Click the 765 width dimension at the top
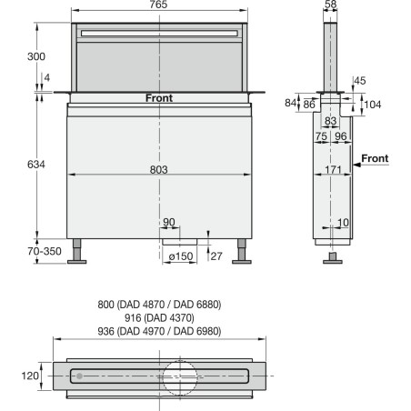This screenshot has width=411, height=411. tap(158, 5)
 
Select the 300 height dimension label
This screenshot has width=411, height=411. tap(36, 56)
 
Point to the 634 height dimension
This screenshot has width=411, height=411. tap(36, 165)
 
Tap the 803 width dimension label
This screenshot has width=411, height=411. tap(159, 169)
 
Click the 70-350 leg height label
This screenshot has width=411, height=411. tap(45, 251)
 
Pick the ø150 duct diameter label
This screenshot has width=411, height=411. tap(181, 256)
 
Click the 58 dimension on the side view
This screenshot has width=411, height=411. tap(330, 5)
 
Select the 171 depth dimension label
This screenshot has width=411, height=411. tap(333, 169)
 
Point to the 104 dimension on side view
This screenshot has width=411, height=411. tap(373, 105)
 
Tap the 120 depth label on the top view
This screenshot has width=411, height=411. tap(30, 376)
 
